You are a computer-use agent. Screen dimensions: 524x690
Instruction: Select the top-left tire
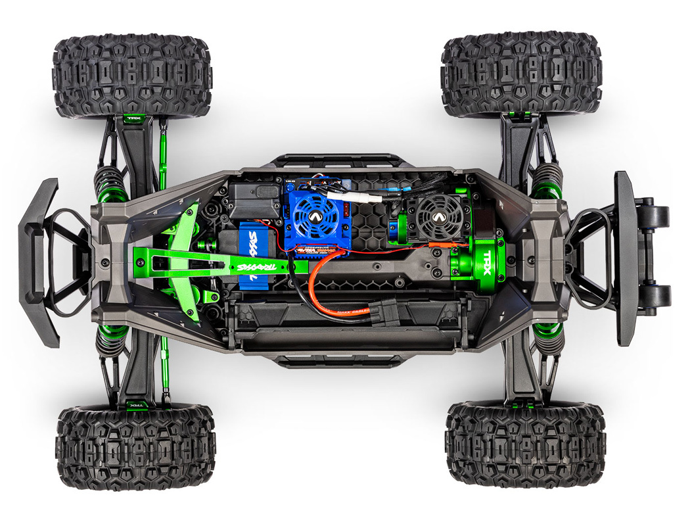[x=131, y=76]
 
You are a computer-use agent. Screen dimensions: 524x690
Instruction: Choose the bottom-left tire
[x=135, y=447]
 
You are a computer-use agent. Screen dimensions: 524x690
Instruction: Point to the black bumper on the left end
[x=38, y=263]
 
